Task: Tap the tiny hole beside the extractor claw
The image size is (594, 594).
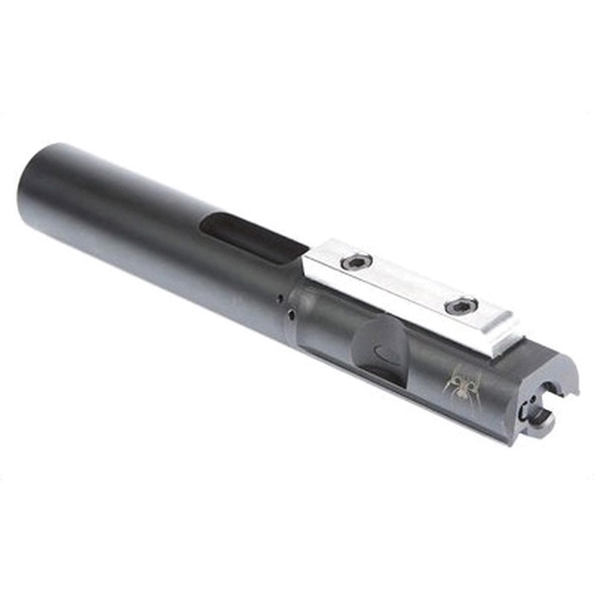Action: pyautogui.click(x=526, y=407)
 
